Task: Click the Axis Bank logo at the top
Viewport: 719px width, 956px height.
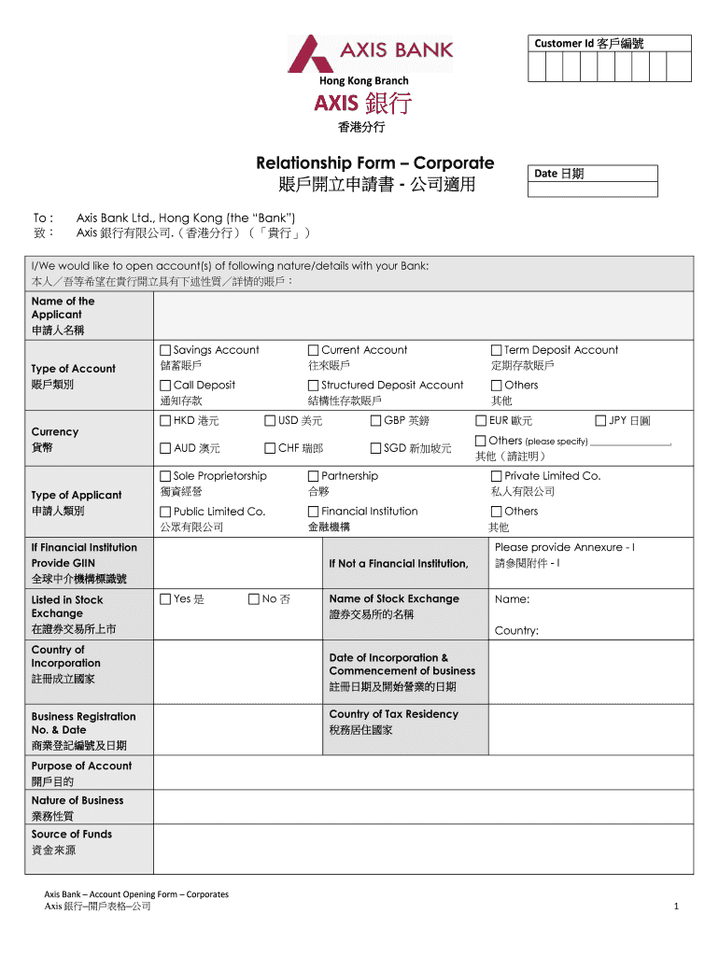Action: pyautogui.click(x=370, y=54)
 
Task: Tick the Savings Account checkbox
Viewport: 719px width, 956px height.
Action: pyautogui.click(x=165, y=350)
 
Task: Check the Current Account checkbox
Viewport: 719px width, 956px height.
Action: pyautogui.click(x=314, y=350)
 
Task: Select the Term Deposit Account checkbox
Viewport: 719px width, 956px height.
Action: pyautogui.click(x=497, y=350)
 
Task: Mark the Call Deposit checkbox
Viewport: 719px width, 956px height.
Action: pyautogui.click(x=165, y=385)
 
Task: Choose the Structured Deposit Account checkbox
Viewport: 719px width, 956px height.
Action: pyautogui.click(x=314, y=385)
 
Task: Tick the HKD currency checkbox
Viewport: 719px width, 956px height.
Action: pyautogui.click(x=165, y=420)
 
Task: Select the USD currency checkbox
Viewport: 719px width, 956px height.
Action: pyautogui.click(x=270, y=420)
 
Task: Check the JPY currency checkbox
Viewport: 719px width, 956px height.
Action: pyautogui.click(x=600, y=420)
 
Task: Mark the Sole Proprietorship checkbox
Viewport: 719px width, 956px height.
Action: pyautogui.click(x=165, y=476)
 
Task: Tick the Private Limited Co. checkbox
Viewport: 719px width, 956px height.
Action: pyautogui.click(x=497, y=476)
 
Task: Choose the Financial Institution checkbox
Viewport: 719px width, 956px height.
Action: pyautogui.click(x=314, y=512)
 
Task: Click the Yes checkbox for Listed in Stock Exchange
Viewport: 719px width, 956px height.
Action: pyautogui.click(x=165, y=599)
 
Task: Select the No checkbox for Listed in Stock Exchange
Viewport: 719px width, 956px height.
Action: pyautogui.click(x=253, y=599)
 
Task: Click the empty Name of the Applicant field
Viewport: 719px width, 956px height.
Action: pyautogui.click(x=423, y=316)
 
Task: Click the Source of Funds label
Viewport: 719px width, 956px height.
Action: pyautogui.click(x=72, y=834)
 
